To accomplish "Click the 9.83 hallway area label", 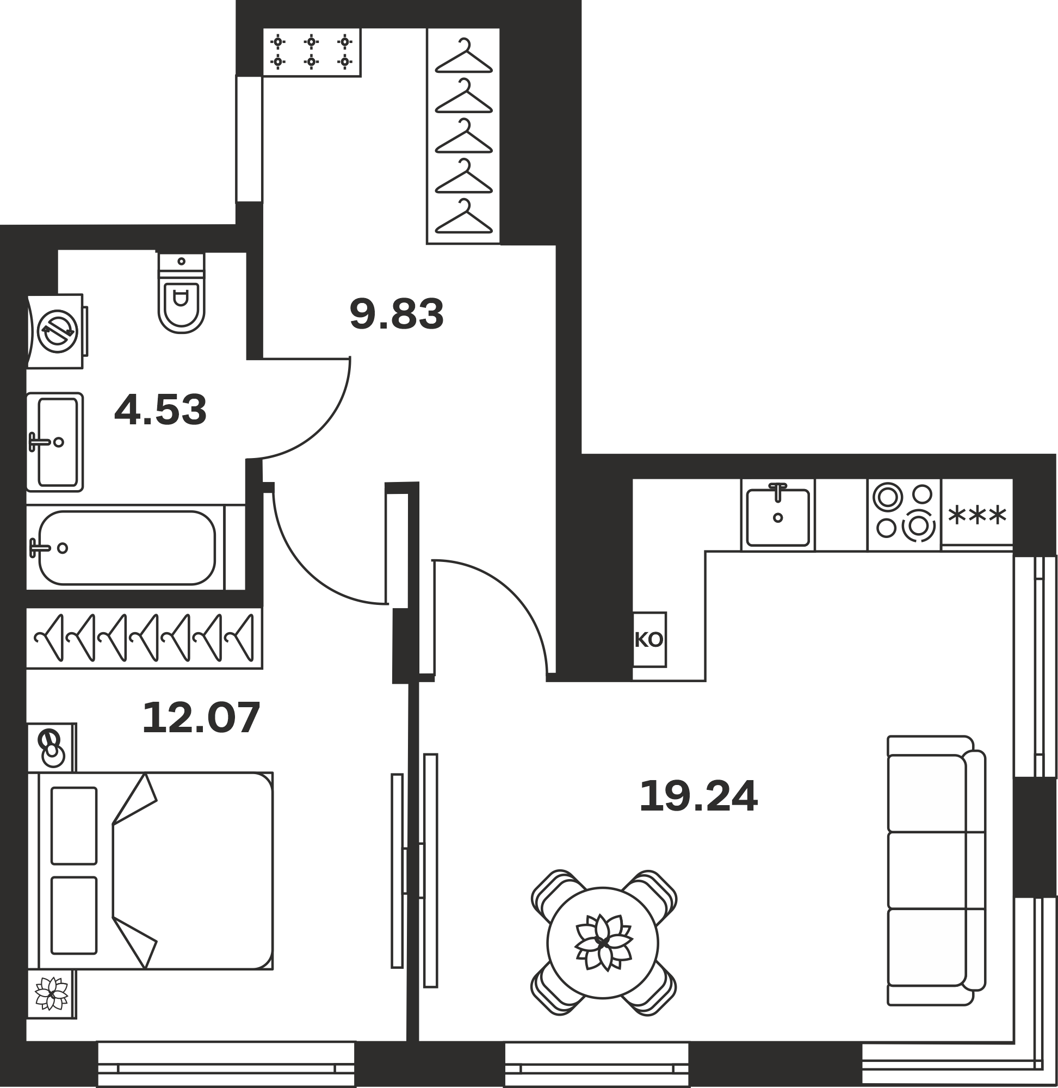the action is pyautogui.click(x=397, y=314).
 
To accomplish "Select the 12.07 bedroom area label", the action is pyautogui.click(x=201, y=718).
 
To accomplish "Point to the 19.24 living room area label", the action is pyautogui.click(x=698, y=796).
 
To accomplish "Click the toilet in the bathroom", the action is pyautogui.click(x=181, y=293).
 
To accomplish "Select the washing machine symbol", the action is pyautogui.click(x=57, y=331).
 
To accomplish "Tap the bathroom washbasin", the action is pyautogui.click(x=55, y=442).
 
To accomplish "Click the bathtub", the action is pyautogui.click(x=135, y=547).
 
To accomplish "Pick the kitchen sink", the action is pyautogui.click(x=777, y=515).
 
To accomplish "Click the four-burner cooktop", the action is pyautogui.click(x=904, y=514).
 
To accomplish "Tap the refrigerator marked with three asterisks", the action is pyautogui.click(x=977, y=515).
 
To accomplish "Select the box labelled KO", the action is pyautogui.click(x=649, y=640).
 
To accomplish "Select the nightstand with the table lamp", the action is pyautogui.click(x=52, y=748).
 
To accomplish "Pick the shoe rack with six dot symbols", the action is pyautogui.click(x=312, y=52).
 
